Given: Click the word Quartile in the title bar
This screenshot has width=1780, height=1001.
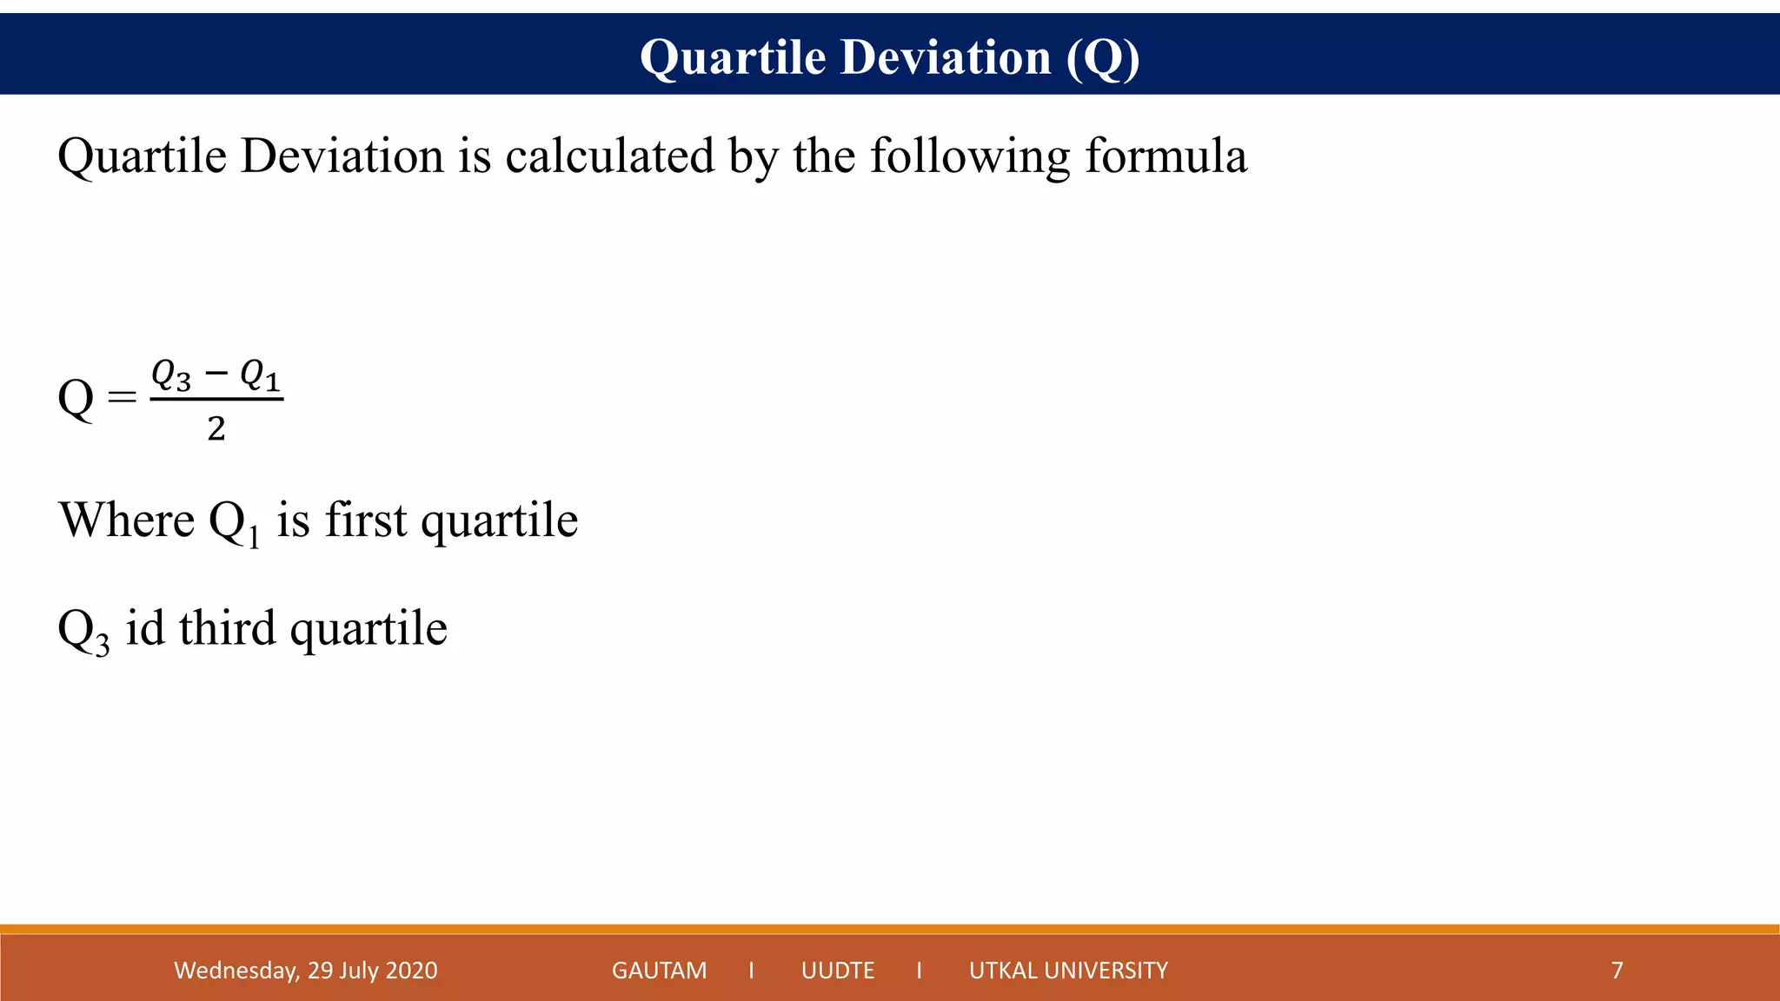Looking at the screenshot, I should pyautogui.click(x=732, y=58).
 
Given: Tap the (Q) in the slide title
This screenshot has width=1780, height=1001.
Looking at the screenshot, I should pyautogui.click(x=1103, y=58).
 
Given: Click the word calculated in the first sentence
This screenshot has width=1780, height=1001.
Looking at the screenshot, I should pyautogui.click(x=609, y=156).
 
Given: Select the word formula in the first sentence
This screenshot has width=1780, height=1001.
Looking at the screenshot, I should pyautogui.click(x=1166, y=156).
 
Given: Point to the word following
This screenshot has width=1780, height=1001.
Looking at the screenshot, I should pyautogui.click(x=970, y=158).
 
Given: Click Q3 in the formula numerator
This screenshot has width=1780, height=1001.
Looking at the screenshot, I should pyautogui.click(x=171, y=375).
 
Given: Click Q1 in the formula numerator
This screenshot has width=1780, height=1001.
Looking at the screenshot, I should pyautogui.click(x=260, y=375).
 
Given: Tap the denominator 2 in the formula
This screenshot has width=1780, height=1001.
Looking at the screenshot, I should pyautogui.click(x=216, y=428).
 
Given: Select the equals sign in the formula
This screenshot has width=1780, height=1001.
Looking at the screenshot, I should pyautogui.click(x=122, y=397).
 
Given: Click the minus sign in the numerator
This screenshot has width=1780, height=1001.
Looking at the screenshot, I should pyautogui.click(x=216, y=374).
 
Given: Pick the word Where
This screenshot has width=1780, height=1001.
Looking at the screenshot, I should pyautogui.click(x=126, y=520).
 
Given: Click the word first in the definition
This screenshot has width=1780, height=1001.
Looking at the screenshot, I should pyautogui.click(x=365, y=520).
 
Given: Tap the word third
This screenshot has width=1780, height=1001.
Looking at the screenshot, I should pyautogui.click(x=227, y=627).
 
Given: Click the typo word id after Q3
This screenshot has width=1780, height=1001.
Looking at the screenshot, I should pyautogui.click(x=144, y=627).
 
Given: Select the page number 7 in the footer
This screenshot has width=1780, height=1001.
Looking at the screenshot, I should pyautogui.click(x=1617, y=970).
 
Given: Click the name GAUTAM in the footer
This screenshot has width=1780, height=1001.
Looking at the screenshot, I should pyautogui.click(x=659, y=970).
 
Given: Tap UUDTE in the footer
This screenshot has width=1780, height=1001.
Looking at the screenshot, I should pyautogui.click(x=838, y=970).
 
